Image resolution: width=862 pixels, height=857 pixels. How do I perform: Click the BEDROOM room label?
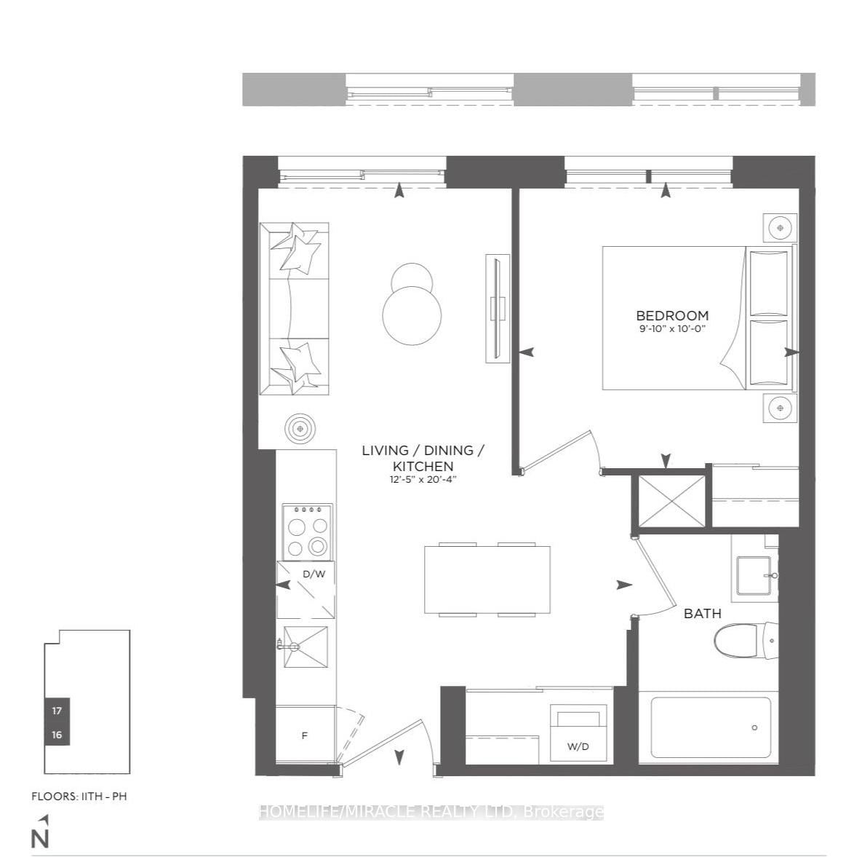(x=671, y=315)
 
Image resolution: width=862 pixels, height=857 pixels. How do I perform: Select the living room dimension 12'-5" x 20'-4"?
(x=423, y=479)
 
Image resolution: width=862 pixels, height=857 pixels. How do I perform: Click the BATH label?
(x=702, y=614)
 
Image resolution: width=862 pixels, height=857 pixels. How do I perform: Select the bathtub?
(x=710, y=727)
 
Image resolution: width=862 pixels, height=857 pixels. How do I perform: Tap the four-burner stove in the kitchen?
(x=307, y=532)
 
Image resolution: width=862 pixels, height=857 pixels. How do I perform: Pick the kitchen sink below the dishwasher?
(x=306, y=647)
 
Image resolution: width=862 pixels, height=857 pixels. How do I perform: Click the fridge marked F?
(x=305, y=735)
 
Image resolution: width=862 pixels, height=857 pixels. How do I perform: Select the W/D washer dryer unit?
(x=578, y=734)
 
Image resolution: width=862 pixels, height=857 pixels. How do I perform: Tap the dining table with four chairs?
(x=487, y=580)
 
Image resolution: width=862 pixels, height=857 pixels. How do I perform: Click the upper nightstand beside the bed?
(x=780, y=228)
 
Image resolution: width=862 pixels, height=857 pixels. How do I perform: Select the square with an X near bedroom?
(x=671, y=500)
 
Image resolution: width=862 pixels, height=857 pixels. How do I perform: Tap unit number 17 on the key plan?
(x=57, y=711)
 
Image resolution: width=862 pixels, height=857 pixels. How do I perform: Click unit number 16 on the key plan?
(x=57, y=735)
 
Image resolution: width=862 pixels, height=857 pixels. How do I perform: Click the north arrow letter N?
(x=41, y=839)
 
